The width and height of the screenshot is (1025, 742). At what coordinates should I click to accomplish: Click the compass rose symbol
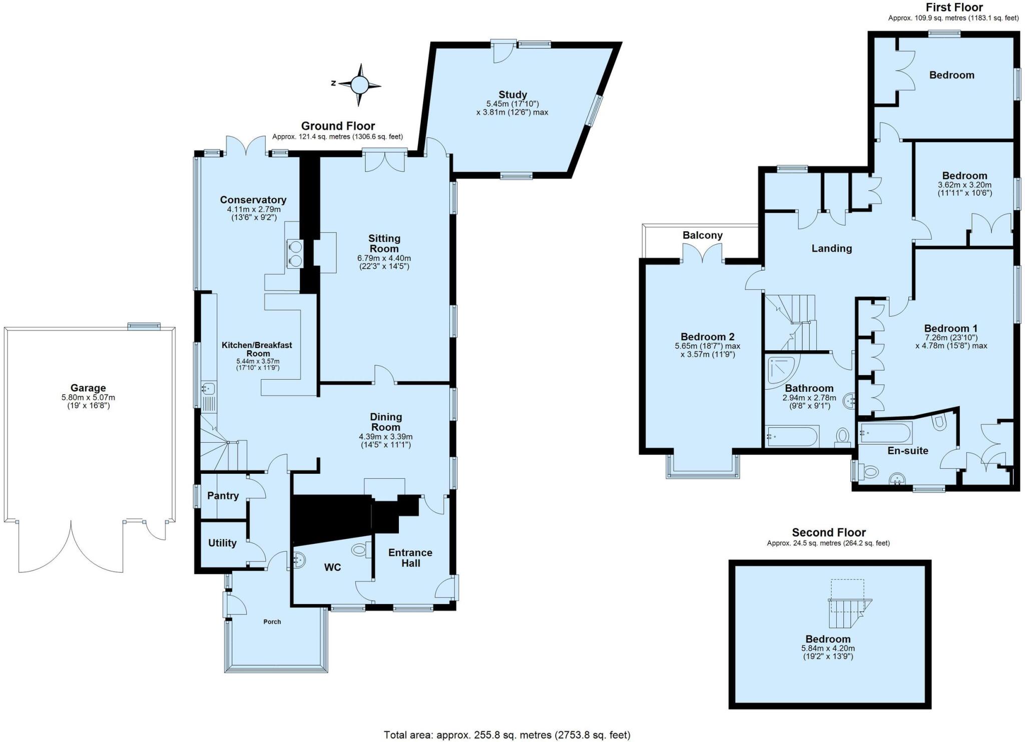359,85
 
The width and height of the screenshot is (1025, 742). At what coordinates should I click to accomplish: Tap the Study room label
512,95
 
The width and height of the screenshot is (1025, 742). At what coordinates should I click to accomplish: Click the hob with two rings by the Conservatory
295,253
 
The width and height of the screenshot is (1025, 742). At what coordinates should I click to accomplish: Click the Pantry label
223,496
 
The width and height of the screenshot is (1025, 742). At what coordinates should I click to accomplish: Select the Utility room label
222,543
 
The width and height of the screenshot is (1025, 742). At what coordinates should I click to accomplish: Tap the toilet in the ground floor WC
360,550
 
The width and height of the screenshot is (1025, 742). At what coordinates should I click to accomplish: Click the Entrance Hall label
410,558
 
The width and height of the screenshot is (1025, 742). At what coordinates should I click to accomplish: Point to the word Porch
272,621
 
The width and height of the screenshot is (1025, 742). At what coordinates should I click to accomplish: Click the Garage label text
88,388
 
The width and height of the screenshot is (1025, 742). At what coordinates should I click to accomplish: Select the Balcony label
702,235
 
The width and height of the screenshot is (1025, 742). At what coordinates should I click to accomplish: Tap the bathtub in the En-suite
886,432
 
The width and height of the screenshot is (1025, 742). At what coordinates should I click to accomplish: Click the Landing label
831,248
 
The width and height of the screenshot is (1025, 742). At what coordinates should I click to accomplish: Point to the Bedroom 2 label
707,337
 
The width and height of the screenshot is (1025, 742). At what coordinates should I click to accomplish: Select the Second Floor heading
828,532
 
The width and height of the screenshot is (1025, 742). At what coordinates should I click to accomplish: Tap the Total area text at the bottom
506,734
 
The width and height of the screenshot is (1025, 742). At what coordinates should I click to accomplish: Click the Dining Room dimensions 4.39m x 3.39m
385,436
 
